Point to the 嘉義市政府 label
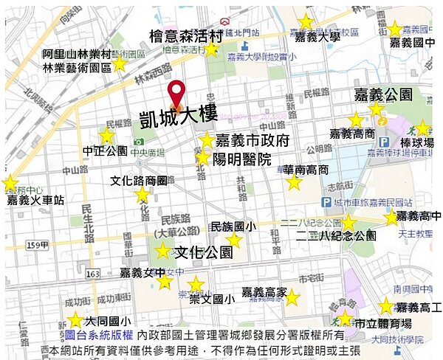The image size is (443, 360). (252, 141)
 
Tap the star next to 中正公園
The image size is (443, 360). (107, 136)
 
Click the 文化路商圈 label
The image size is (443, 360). (140, 180)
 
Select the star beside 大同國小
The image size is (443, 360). (75, 319)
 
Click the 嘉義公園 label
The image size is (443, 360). (382, 95)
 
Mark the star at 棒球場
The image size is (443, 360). (422, 128)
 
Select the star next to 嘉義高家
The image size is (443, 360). (292, 298)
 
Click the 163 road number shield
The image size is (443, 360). (92, 274)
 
